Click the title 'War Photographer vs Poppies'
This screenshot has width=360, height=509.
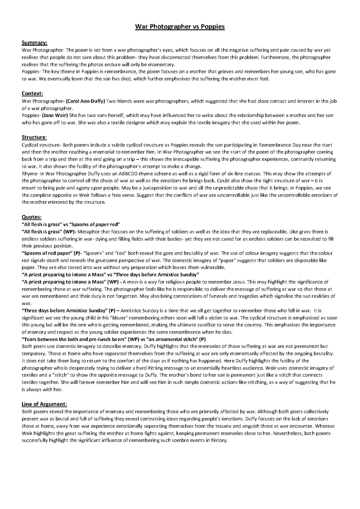tap(180, 27)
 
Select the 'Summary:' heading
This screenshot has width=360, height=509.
tap(34, 43)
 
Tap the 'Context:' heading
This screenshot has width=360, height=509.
tap(32, 94)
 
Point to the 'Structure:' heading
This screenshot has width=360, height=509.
tap(34, 137)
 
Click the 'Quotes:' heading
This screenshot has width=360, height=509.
tap(32, 217)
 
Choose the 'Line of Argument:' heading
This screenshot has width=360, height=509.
tap(44, 404)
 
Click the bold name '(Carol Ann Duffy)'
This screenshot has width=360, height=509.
tap(85, 101)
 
